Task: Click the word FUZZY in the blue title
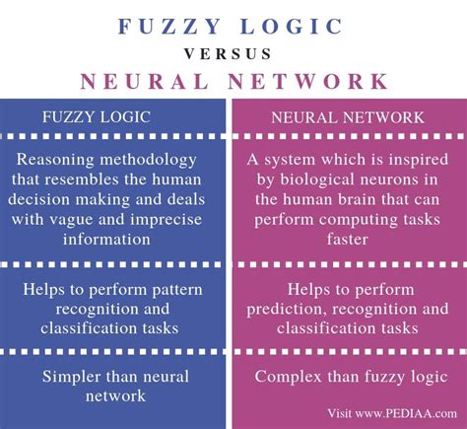pyautogui.click(x=169, y=27)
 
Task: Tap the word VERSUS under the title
pyautogui.click(x=228, y=54)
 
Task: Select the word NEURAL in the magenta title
pyautogui.click(x=145, y=81)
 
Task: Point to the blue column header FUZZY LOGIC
pyautogui.click(x=97, y=117)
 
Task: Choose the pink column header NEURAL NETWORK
pyautogui.click(x=348, y=117)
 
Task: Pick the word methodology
pyautogui.click(x=148, y=161)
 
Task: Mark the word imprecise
pyautogui.click(x=166, y=220)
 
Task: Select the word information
pyautogui.click(x=106, y=239)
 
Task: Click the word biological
pyautogui.click(x=316, y=180)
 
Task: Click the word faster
pyautogui.click(x=347, y=239)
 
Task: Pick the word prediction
pyautogui.click(x=287, y=310)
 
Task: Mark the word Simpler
pyautogui.click(x=71, y=378)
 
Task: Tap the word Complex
pyautogui.click(x=288, y=378)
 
